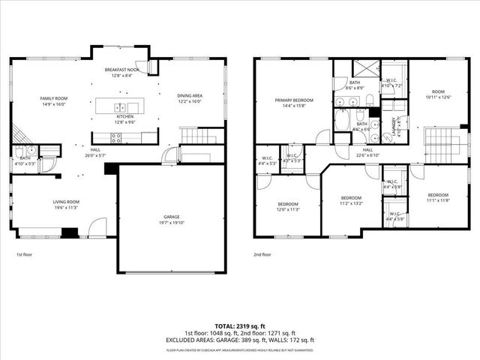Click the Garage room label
[x=172, y=220]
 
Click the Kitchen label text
[x=124, y=117]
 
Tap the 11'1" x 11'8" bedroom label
[x=438, y=196]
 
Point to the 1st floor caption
[x=25, y=255]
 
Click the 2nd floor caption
[x=262, y=255]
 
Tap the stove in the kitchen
[x=117, y=137]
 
